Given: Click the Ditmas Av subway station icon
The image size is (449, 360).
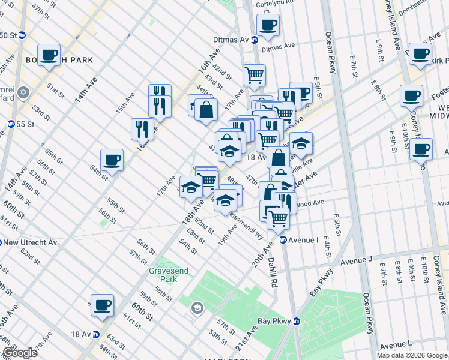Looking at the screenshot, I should (255, 40).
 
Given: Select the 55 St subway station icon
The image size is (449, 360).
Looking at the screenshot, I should (11, 124).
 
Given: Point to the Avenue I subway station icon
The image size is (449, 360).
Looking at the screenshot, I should (283, 240).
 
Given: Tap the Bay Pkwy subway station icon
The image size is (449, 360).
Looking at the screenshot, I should (295, 321).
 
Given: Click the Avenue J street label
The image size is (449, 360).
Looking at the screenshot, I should (357, 260).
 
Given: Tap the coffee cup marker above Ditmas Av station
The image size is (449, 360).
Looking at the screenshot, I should (268, 25).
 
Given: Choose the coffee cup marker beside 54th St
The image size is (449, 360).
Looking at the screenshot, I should (112, 160).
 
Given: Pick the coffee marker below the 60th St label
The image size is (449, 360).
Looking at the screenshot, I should (102, 304).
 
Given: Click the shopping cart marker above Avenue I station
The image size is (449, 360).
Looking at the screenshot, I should (279, 218).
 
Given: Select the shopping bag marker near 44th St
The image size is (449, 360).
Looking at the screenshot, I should (206, 110).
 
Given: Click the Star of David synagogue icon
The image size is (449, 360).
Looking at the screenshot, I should (24, 93).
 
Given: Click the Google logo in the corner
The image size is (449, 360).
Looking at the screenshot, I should (19, 353).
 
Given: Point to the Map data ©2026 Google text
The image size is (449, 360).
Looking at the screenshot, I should (412, 355).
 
